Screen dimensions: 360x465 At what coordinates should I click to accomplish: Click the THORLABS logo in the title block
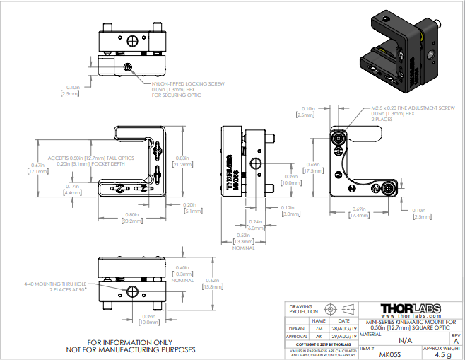coord(410,308)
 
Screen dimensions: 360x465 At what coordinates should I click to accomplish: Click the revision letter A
coord(456,339)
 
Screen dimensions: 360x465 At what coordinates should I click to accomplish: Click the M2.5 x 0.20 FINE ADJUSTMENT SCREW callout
coord(413,108)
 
